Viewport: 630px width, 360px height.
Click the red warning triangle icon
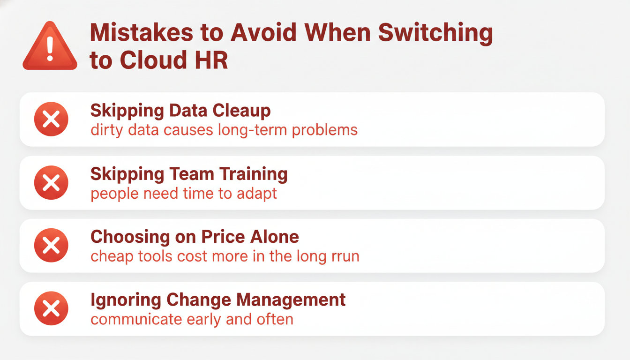tap(50, 46)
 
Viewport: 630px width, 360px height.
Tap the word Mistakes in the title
tap(142, 32)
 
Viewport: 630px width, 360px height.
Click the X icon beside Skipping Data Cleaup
tap(51, 119)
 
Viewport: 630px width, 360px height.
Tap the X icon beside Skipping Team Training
tap(51, 182)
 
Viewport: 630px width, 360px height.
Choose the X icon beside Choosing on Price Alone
tap(51, 245)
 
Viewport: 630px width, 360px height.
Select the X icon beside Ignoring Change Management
tap(51, 308)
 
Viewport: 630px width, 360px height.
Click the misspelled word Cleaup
tap(241, 111)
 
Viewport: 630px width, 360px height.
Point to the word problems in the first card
tap(324, 130)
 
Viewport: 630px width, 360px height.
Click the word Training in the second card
tap(254, 174)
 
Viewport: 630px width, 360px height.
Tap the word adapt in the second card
tap(257, 194)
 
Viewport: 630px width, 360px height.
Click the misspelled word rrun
tap(345, 257)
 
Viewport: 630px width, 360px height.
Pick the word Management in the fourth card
tap(291, 300)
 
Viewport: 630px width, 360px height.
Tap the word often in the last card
tap(275, 319)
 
